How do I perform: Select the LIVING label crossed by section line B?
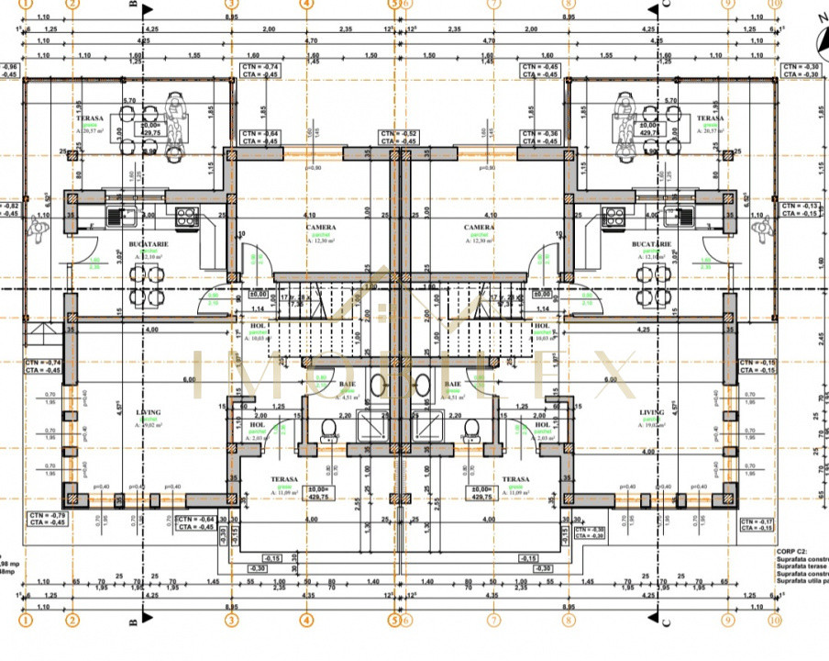148,412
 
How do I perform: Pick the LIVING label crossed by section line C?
652,412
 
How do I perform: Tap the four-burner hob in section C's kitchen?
613,218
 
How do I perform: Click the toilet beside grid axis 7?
472,428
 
